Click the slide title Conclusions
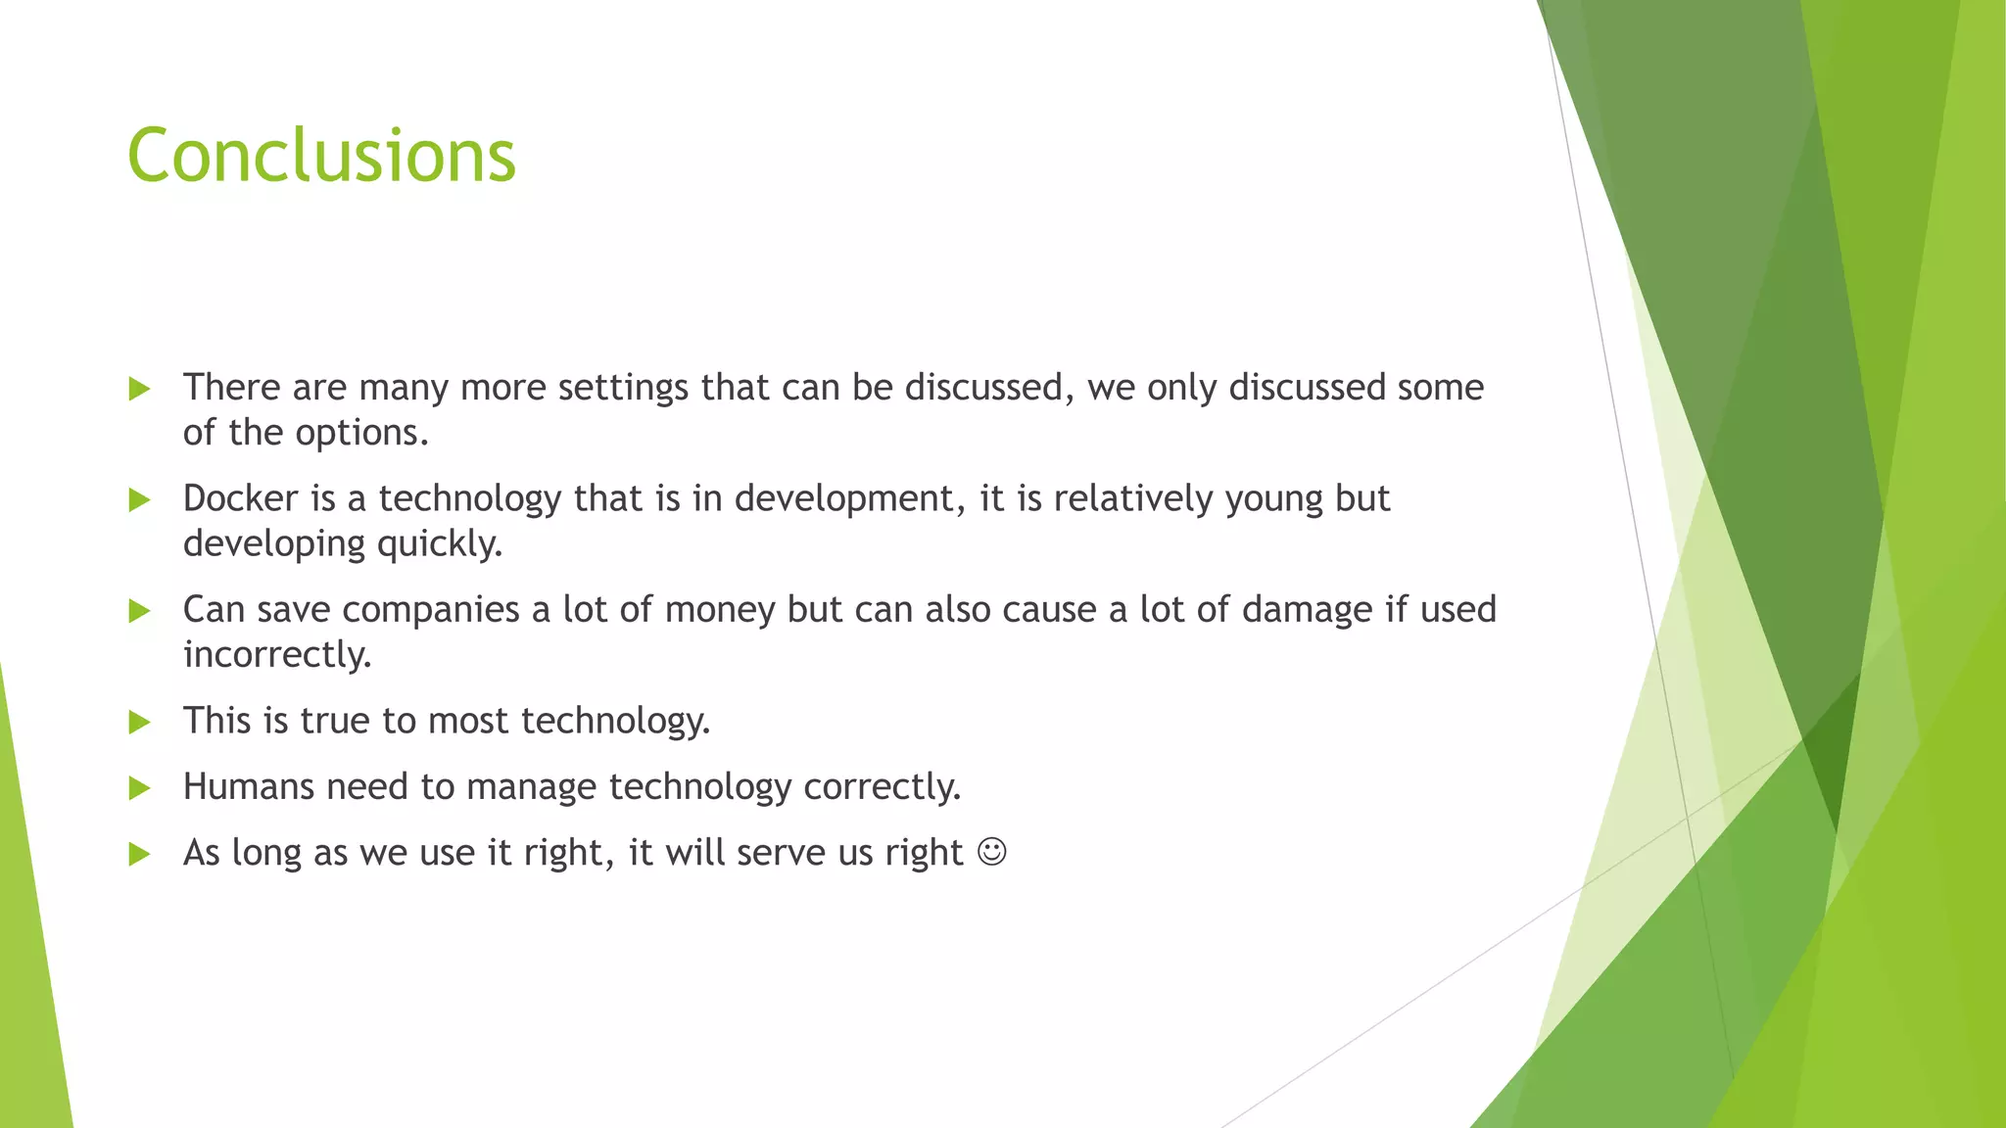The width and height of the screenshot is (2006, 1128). (321, 156)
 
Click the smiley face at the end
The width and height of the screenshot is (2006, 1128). (991, 852)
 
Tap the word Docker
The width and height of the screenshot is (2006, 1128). (240, 498)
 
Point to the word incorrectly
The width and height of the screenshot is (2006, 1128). (277, 654)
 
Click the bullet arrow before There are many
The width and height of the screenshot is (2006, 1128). (139, 389)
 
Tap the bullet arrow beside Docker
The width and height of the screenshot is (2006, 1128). (139, 500)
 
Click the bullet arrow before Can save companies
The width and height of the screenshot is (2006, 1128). (139, 611)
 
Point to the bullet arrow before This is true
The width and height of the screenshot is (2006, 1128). (139, 723)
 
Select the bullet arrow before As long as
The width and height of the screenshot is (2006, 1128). (139, 854)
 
